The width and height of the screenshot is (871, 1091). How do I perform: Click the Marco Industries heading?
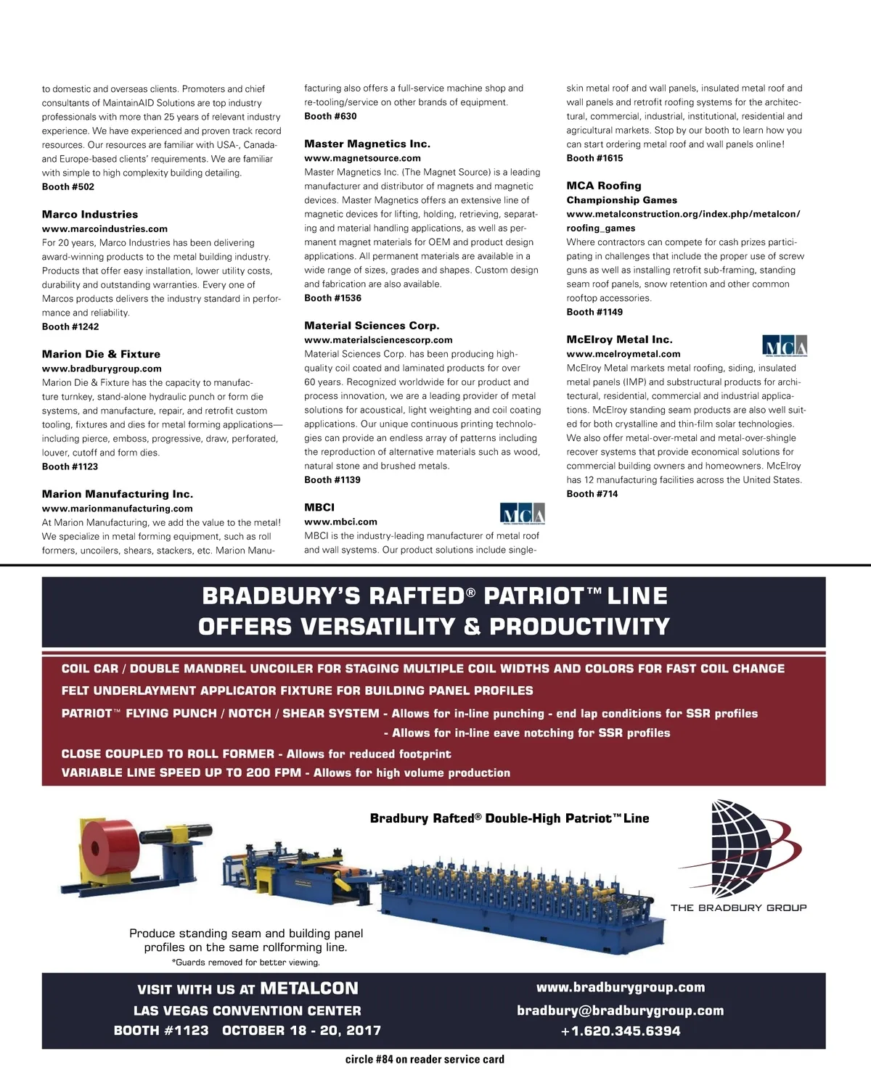pos(90,215)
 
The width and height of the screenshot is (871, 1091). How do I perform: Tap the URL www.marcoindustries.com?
pos(105,229)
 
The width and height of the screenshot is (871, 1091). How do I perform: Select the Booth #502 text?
pos(68,187)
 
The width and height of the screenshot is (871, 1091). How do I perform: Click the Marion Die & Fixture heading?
pos(101,355)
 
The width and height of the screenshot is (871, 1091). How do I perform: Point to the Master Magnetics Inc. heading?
pos(367,144)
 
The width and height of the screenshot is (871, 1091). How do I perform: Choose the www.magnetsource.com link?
pos(362,158)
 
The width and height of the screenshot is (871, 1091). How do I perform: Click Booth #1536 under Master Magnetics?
pos(332,298)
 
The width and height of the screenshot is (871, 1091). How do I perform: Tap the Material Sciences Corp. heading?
pos(372,326)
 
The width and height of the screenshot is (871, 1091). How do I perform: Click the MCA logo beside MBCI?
pos(523,514)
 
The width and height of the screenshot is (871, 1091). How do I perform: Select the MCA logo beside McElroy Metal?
pos(785,345)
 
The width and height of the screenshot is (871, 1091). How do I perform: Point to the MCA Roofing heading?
pos(604,186)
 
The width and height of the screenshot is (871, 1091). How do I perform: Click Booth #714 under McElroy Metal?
pos(592,494)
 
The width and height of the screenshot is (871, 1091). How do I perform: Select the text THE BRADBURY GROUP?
pos(738,907)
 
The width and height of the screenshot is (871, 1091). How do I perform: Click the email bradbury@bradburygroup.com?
pos(620,1010)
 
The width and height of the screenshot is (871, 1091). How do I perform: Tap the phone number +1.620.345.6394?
pos(620,1031)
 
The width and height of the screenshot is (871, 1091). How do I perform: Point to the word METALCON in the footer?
pos(309,989)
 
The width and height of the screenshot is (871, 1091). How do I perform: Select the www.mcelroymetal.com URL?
pos(623,354)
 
